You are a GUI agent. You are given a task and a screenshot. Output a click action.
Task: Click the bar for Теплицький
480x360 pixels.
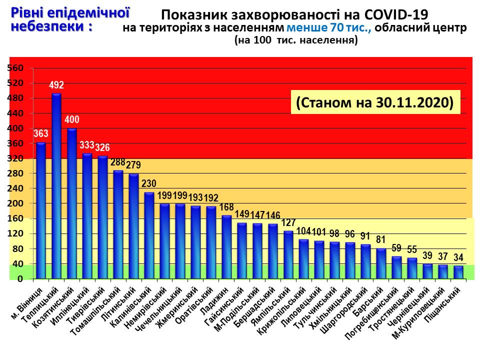click(x=56, y=186)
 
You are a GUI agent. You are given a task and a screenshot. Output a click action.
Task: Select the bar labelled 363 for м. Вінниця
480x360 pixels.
click(x=41, y=210)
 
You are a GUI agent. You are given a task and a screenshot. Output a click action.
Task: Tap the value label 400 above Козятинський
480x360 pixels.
click(x=72, y=120)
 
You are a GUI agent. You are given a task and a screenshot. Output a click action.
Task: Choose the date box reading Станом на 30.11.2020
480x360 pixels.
click(x=374, y=102)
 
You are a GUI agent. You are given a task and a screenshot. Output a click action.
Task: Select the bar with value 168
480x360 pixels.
click(x=226, y=247)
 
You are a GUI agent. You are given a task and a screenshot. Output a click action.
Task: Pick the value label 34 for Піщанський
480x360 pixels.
click(x=458, y=257)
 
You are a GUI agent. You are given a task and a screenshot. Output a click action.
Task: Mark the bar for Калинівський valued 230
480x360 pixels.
click(x=149, y=235)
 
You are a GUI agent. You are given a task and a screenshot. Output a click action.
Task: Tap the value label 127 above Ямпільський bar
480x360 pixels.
click(x=288, y=222)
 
